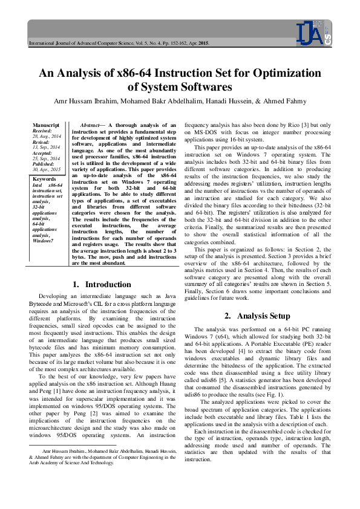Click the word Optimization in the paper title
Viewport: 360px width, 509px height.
pos(275,74)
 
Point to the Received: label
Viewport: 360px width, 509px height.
pos(42,130)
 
